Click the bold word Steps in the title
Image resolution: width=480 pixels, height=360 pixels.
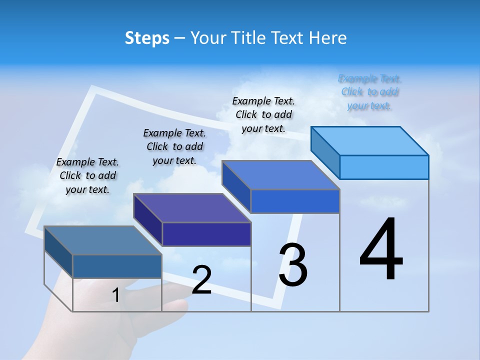coord(147,38)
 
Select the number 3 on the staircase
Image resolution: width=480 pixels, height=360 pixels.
coord(293,265)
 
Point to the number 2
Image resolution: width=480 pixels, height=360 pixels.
coord(201,280)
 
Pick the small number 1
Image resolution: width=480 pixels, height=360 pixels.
coord(115,295)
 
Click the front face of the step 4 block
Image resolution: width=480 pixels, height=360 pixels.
coord(384,167)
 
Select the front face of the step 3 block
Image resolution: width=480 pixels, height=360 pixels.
coord(295,201)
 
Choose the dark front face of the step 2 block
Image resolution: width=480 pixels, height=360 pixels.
coord(206,234)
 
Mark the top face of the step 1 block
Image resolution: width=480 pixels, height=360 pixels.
coord(103,240)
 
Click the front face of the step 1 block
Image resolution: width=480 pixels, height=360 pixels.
coord(117,266)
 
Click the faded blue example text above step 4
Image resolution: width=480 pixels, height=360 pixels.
coord(369,92)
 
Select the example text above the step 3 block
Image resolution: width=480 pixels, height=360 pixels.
coord(263,114)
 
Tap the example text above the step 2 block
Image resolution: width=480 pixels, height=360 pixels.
coord(174,146)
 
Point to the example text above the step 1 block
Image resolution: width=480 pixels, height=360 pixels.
coord(87,175)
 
